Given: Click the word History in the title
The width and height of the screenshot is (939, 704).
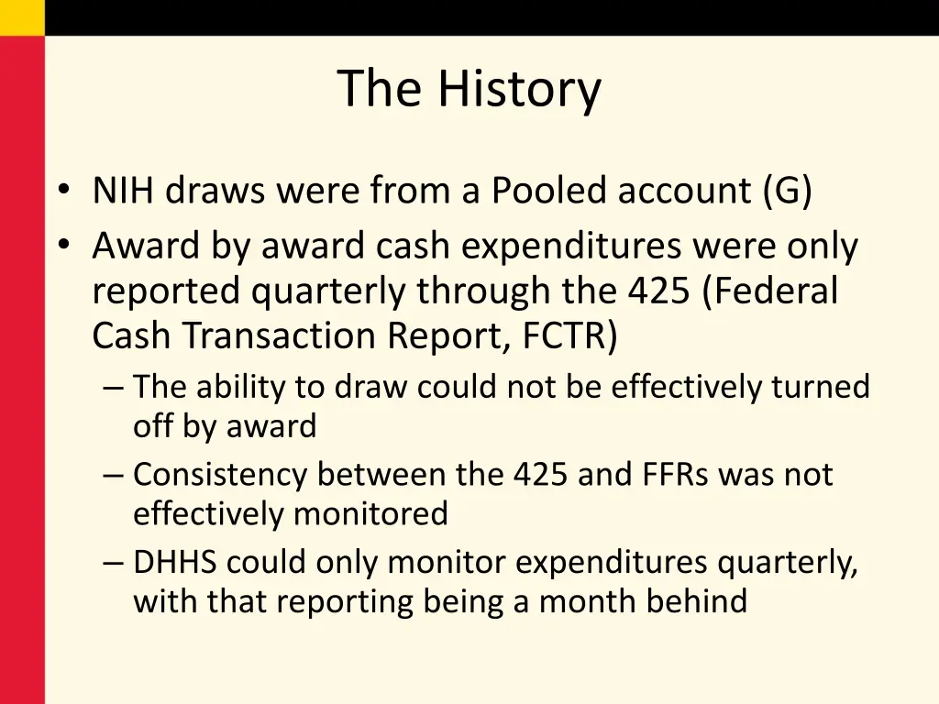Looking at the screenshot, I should (x=519, y=89).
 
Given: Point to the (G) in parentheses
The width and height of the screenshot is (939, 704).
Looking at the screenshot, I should (x=787, y=191).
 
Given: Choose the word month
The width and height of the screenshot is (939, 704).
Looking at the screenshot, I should (x=581, y=601).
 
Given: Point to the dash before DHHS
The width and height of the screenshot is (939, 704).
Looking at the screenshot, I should (x=114, y=563).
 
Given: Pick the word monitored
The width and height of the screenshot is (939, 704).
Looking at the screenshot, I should (x=370, y=513).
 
